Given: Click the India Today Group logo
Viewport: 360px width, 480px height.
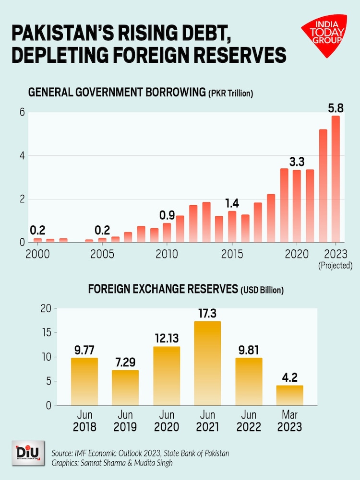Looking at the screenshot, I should pos(324,35).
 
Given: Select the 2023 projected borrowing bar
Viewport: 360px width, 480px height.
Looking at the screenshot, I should pos(336,179).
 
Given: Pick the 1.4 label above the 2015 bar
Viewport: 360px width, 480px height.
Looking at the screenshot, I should pos(232,202).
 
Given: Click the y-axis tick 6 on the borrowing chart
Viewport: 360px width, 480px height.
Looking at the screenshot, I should pos(21,112).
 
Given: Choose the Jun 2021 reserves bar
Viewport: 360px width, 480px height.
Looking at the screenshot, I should pos(207,363).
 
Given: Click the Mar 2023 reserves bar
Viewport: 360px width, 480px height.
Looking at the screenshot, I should pos(289,395).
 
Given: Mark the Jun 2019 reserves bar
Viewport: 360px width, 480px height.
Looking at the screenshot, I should pos(125,387).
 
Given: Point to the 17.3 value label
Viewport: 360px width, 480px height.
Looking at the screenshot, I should pos(207,313).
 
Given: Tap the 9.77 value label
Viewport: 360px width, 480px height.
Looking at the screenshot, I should pos(84,350).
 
